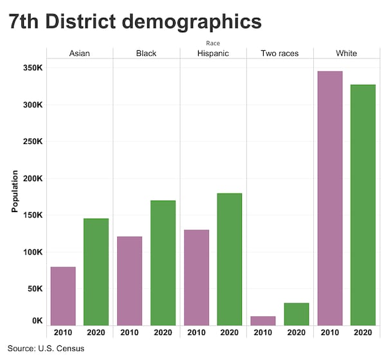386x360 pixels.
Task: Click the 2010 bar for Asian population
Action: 63,296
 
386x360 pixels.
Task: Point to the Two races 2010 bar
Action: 263,320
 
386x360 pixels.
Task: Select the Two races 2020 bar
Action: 297,314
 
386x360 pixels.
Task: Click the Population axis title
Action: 15,191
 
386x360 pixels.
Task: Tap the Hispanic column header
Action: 213,53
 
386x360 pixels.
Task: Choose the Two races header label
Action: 280,53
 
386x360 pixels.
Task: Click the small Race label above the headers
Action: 213,43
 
